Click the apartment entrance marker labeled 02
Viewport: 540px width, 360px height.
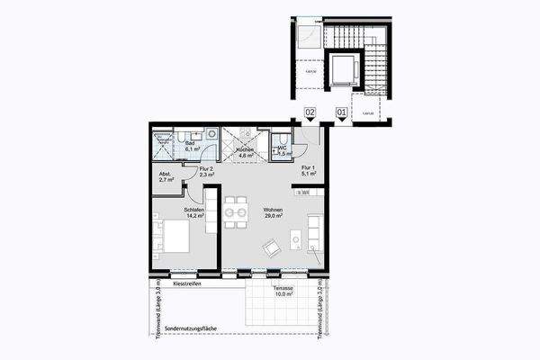coord(309,112)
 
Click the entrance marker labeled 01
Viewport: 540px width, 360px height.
coord(341,112)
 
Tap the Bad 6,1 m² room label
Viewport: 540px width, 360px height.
coord(191,147)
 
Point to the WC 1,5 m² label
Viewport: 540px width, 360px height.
coord(282,151)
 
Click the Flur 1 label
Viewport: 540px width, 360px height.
coord(307,171)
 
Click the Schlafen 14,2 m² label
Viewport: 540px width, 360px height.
coord(192,212)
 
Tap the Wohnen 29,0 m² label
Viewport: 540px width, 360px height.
coord(273,213)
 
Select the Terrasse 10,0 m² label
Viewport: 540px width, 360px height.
coord(284,291)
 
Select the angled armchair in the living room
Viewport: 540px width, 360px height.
coord(271,247)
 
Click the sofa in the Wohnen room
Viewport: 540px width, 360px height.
coord(315,231)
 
